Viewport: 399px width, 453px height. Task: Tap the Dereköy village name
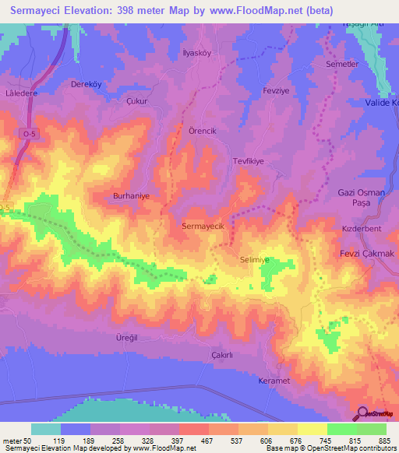click(87, 84)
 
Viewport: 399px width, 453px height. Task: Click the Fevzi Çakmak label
click(365, 255)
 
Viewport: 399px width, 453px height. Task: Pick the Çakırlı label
click(223, 355)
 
